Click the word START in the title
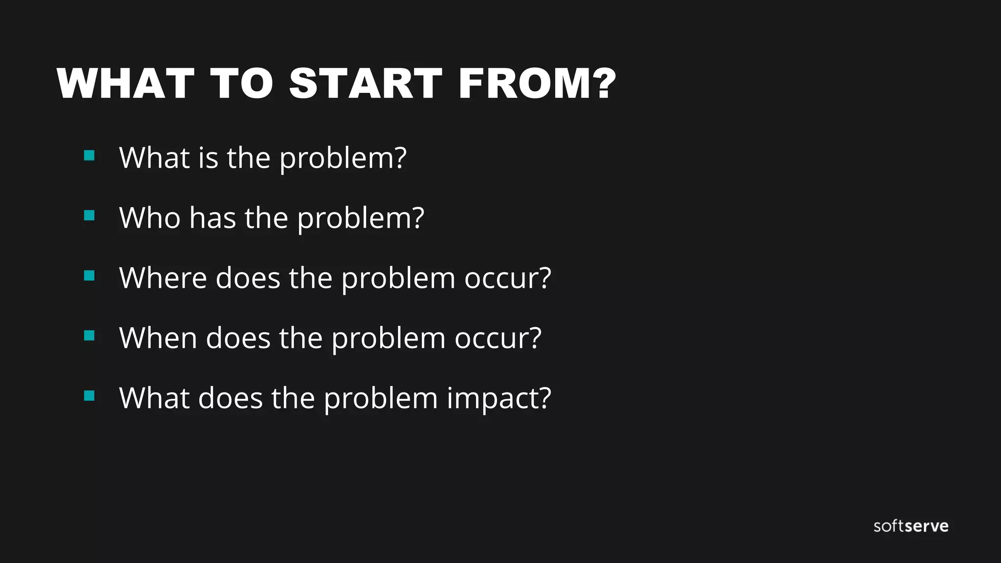(x=366, y=84)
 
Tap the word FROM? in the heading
(x=537, y=84)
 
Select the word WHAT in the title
(x=126, y=84)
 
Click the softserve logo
(x=911, y=526)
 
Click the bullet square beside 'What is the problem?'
(x=89, y=155)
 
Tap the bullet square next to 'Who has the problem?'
(x=89, y=216)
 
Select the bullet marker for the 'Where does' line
(x=89, y=276)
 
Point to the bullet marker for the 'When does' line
(x=89, y=336)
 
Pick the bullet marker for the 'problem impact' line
(x=89, y=395)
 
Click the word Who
(x=150, y=217)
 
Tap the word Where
(x=163, y=278)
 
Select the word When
(x=158, y=338)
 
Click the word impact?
(x=499, y=398)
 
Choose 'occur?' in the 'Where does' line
(x=507, y=278)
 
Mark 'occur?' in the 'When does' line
(x=498, y=338)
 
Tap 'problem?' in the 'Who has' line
(x=361, y=218)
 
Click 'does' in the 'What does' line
(x=230, y=398)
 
